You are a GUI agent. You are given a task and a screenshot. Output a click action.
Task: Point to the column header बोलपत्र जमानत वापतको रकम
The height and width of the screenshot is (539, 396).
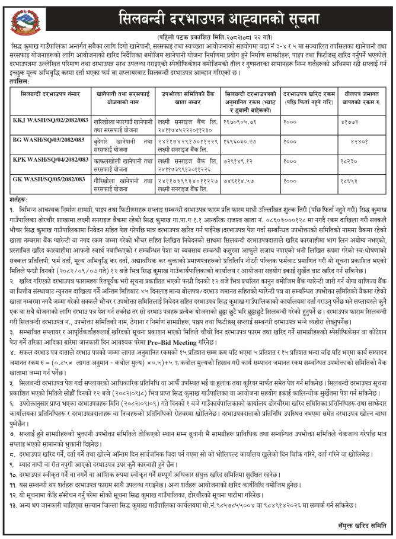[356, 97]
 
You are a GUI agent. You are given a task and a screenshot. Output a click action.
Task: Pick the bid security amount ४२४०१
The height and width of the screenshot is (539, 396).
[368, 142]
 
